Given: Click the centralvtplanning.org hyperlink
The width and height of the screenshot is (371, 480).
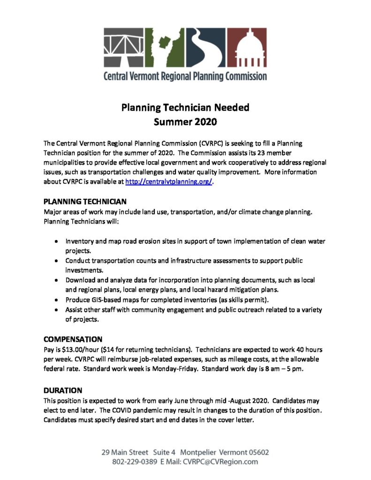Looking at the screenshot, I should [x=169, y=183].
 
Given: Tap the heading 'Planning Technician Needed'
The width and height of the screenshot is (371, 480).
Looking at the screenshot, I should [x=185, y=107].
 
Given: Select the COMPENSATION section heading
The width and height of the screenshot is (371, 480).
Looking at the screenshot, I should [x=73, y=339].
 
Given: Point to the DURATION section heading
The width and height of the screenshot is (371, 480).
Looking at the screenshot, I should [x=63, y=390].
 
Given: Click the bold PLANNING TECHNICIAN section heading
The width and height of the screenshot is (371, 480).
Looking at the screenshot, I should [x=85, y=202].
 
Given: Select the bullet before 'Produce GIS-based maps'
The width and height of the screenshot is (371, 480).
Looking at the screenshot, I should [x=56, y=300].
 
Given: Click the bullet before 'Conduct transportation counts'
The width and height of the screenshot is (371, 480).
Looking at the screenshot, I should [x=56, y=260].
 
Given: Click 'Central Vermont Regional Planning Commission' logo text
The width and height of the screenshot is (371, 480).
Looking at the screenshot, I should [x=185, y=75].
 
